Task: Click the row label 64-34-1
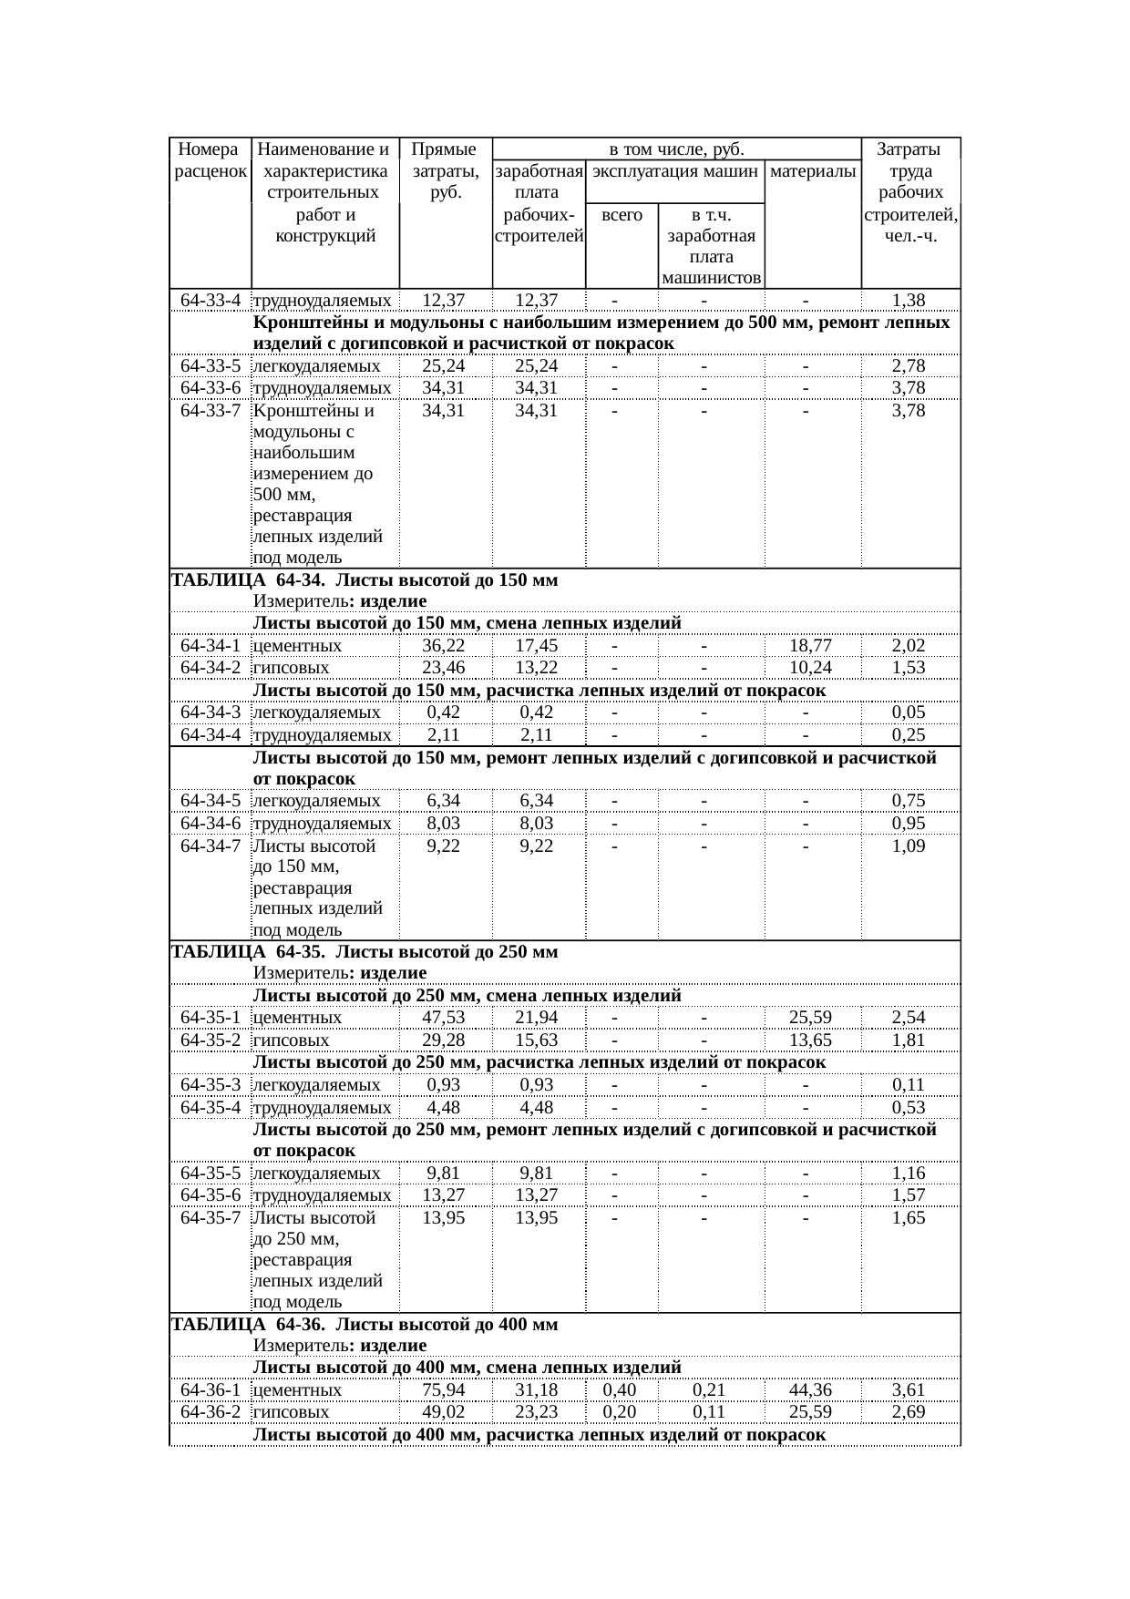211,646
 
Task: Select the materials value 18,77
811,646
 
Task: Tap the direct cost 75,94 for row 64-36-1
444,1390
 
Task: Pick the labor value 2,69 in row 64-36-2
909,1412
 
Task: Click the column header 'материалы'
812,171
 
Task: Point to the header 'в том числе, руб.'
676,149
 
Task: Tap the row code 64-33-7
211,411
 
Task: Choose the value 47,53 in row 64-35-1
444,1018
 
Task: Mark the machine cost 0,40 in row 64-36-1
620,1390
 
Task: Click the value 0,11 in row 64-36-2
708,1412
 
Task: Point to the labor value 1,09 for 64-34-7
909,846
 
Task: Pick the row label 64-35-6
211,1195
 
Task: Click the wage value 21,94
536,1018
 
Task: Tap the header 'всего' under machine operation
621,216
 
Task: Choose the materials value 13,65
811,1040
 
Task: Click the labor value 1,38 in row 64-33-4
909,300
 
